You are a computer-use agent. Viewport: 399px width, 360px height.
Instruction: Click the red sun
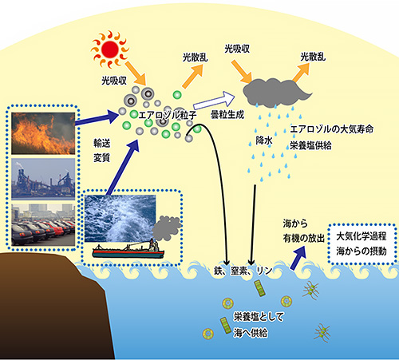(x=110, y=49)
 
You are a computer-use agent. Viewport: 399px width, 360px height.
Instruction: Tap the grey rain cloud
(x=275, y=93)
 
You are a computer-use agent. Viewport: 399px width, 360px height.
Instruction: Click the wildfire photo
(x=43, y=133)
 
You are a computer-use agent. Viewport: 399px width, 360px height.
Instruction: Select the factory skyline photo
(x=43, y=179)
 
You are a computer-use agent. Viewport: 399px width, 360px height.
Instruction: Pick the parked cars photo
(x=43, y=225)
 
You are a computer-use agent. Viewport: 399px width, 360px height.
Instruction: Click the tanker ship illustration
(x=128, y=249)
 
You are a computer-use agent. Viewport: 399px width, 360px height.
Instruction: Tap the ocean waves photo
(x=120, y=219)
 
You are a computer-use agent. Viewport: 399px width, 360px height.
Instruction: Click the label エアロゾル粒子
(x=168, y=115)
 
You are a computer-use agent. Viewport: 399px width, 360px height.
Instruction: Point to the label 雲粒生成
(x=227, y=115)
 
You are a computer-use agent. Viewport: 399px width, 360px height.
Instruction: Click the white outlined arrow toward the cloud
(x=214, y=101)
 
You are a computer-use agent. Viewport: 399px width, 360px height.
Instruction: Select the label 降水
(x=264, y=140)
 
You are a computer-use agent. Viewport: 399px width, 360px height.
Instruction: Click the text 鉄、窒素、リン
(x=243, y=271)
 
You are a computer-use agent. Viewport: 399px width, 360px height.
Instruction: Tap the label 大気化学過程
(x=361, y=236)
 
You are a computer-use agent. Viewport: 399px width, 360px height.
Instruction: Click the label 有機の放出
(x=304, y=239)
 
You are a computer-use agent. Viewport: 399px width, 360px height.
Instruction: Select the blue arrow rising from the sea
(x=298, y=258)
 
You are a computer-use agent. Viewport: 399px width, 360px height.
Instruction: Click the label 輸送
(x=102, y=143)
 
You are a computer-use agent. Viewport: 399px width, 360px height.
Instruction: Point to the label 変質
(x=102, y=158)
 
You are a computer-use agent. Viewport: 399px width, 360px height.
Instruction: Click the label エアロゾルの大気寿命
(x=332, y=129)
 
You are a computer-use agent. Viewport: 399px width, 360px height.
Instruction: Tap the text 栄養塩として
(x=259, y=317)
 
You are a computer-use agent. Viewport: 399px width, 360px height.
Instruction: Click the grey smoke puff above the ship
(x=167, y=228)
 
